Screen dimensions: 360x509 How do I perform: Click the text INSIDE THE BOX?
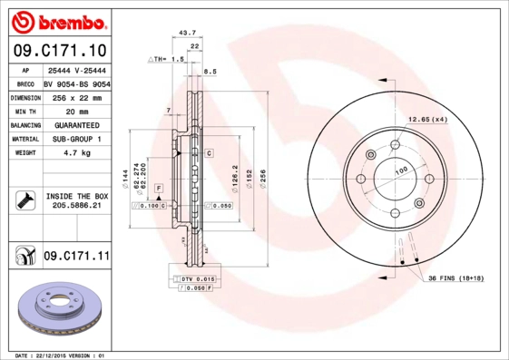[x=76, y=196]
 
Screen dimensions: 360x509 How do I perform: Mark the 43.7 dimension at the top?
[x=188, y=33]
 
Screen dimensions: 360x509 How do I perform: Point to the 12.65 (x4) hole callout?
[x=427, y=120]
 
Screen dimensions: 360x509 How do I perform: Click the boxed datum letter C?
[x=209, y=153]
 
